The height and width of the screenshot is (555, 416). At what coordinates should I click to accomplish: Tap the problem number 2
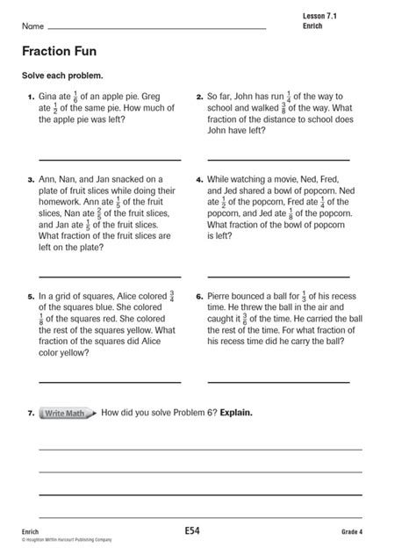[198, 97]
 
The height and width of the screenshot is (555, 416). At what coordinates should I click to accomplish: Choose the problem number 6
[198, 297]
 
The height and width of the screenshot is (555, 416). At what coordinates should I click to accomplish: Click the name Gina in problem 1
[50, 97]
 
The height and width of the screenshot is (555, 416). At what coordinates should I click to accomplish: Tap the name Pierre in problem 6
[221, 296]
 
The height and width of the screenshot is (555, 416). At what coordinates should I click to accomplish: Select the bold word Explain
[236, 412]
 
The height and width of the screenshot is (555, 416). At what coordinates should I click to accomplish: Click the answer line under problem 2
[277, 160]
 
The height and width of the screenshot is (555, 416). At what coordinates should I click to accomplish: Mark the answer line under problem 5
[110, 382]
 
